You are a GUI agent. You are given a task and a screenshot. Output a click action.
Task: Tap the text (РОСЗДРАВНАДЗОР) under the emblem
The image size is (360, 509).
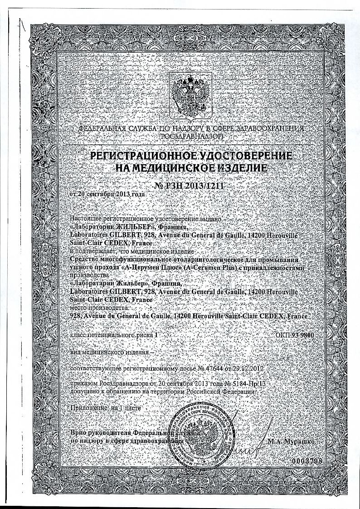pyautogui.click(x=191, y=136)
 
